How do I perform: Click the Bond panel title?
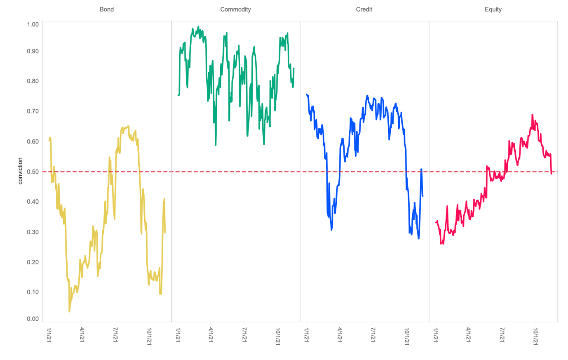point(107,9)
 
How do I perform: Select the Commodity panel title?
point(235,9)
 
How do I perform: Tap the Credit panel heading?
point(364,9)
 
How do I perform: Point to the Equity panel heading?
point(493,9)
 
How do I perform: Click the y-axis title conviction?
point(20,171)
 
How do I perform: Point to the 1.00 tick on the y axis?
point(33,24)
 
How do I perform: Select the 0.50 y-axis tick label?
point(33,172)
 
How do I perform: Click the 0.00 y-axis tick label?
point(33,319)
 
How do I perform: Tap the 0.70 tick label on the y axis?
point(33,111)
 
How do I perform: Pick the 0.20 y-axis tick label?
point(33,262)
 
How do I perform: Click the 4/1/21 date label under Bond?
point(82,335)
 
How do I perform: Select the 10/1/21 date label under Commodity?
point(278,336)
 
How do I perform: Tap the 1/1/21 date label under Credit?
point(306,335)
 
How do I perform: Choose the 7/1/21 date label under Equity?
point(502,335)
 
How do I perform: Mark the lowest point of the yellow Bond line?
point(69,311)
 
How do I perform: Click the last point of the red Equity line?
point(552,174)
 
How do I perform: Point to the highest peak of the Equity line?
point(532,115)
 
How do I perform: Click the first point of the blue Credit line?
point(307,94)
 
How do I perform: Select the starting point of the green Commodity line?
point(178,95)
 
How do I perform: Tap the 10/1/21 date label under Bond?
point(149,336)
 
